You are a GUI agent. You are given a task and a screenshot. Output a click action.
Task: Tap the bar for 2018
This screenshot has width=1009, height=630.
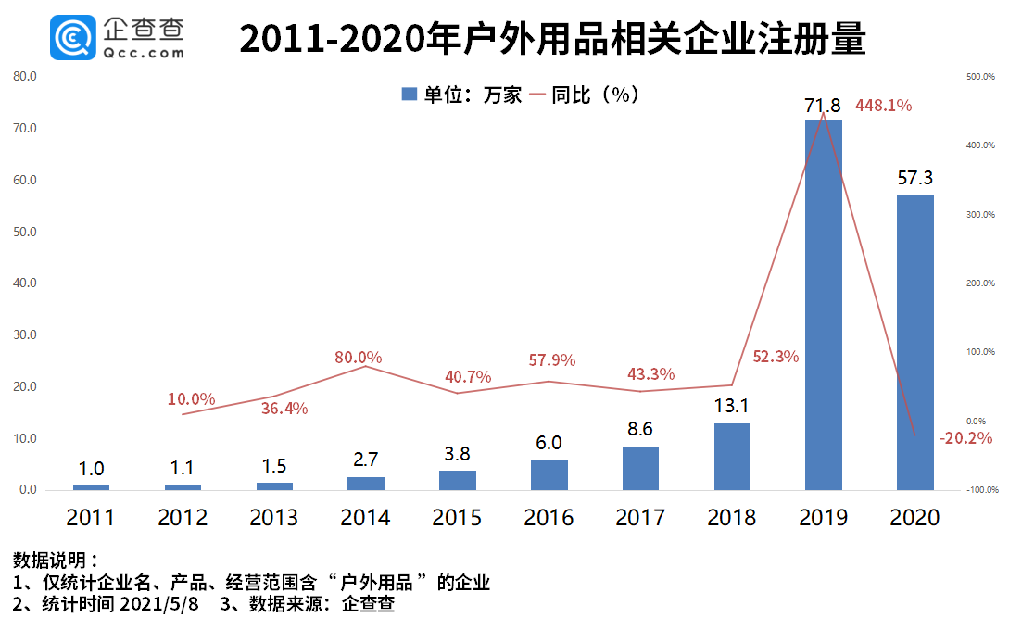(x=732, y=456)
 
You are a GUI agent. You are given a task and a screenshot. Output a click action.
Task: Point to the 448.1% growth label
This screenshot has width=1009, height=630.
(x=883, y=106)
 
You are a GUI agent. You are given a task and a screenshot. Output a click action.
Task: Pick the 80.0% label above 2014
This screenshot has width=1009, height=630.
(x=359, y=358)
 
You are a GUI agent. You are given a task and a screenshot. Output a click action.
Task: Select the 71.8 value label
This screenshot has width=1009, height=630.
(x=823, y=106)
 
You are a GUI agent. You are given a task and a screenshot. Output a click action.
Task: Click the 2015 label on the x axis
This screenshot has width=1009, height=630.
(x=457, y=518)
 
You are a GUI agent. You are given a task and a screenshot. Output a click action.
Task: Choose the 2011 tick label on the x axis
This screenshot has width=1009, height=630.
(x=91, y=518)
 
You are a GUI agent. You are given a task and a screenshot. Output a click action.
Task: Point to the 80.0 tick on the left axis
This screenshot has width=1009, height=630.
(x=24, y=76)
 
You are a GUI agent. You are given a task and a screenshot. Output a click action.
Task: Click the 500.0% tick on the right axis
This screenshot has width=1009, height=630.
(x=980, y=76)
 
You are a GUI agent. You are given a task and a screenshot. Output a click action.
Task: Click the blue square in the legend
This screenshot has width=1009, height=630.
(x=408, y=94)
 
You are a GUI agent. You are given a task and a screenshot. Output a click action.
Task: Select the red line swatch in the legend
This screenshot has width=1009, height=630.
(x=536, y=94)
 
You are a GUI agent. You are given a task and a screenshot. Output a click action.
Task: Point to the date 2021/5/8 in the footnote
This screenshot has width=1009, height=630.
(x=159, y=605)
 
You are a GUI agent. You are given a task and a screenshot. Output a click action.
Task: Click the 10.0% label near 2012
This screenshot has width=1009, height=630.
(x=192, y=399)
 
